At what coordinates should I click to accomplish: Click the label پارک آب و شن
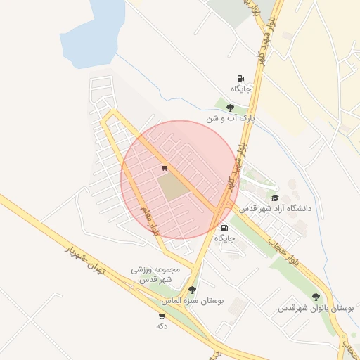229,119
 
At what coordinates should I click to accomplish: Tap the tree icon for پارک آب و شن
230,108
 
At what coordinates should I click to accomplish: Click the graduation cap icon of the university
275,198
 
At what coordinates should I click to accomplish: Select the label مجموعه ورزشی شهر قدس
155,274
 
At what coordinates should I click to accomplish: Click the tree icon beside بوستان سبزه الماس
192,290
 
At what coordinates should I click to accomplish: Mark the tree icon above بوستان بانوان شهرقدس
315,297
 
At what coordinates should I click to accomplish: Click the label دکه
162,326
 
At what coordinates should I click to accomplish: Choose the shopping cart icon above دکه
162,316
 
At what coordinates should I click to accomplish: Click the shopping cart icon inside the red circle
165,168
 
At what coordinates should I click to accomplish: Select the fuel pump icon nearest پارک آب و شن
240,78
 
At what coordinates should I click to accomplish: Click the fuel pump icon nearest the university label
224,228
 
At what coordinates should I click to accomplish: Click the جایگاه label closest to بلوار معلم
224,238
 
